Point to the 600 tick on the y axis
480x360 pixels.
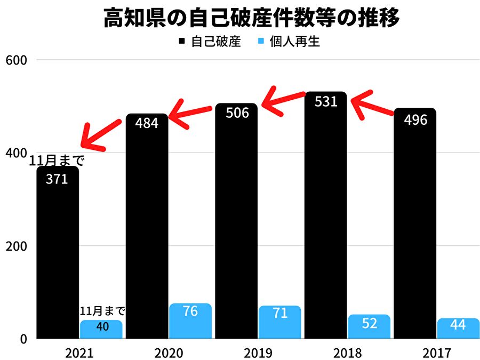[x=16, y=59]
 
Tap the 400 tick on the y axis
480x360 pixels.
[x=16, y=153]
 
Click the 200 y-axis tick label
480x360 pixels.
[x=16, y=246]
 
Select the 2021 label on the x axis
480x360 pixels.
[x=79, y=353]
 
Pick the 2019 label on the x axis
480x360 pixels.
[x=258, y=353]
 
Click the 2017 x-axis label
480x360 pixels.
[x=437, y=353]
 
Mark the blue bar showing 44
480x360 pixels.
[x=458, y=329]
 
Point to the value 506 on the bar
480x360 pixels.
[x=237, y=113]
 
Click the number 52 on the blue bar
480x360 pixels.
[x=369, y=323]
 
